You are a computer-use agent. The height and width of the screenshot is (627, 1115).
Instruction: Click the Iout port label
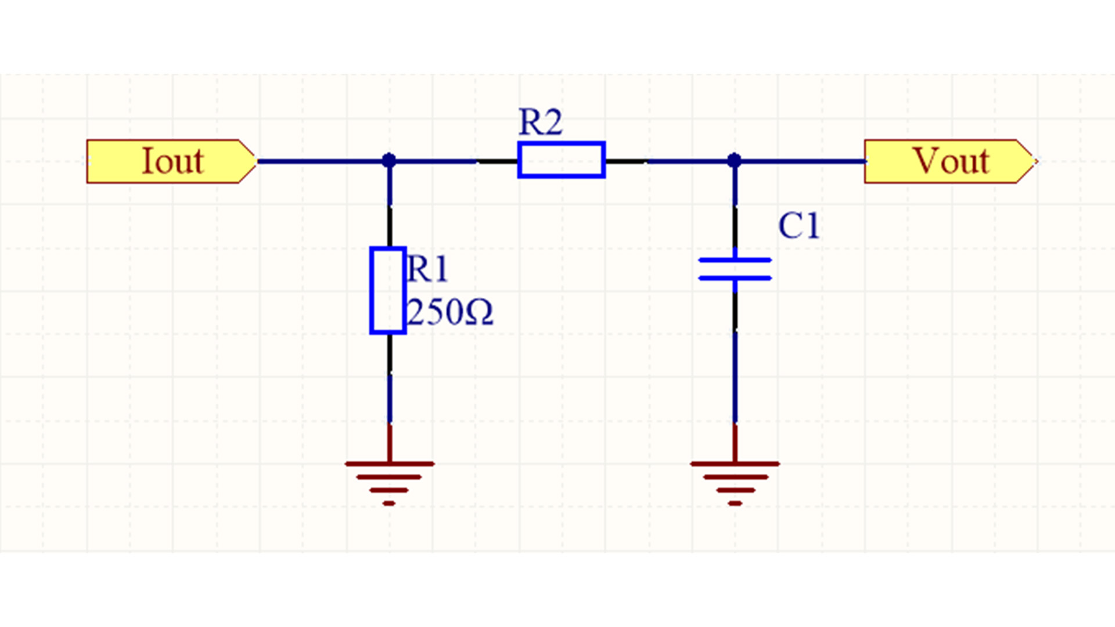172,161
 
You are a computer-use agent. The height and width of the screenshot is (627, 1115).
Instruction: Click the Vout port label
950,161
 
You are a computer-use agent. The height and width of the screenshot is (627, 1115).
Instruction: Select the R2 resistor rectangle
561,160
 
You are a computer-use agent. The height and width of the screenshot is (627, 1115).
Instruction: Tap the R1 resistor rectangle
388,290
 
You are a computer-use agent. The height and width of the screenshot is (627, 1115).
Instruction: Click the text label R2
540,122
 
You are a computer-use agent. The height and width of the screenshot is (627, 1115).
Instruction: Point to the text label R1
427,269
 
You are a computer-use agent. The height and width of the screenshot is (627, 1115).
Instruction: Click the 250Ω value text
449,312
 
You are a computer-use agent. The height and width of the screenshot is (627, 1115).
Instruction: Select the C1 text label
799,225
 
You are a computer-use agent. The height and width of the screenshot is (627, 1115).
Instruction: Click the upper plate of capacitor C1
735,260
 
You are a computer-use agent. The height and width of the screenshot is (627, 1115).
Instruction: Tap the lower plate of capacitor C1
735,278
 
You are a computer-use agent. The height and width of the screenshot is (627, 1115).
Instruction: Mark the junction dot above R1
389,160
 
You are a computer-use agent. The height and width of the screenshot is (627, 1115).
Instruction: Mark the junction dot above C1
734,160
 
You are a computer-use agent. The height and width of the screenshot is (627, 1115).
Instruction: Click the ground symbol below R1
389,476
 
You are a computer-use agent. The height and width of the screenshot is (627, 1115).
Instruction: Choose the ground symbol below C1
735,476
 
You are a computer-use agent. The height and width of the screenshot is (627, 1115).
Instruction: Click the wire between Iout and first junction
322,161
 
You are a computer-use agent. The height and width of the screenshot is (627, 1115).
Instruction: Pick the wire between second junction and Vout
801,161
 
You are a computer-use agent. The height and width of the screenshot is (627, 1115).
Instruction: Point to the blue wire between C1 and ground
735,377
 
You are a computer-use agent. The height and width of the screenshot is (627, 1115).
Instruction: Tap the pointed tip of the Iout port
255,161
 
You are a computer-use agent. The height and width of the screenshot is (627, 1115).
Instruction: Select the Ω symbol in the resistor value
480,313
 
